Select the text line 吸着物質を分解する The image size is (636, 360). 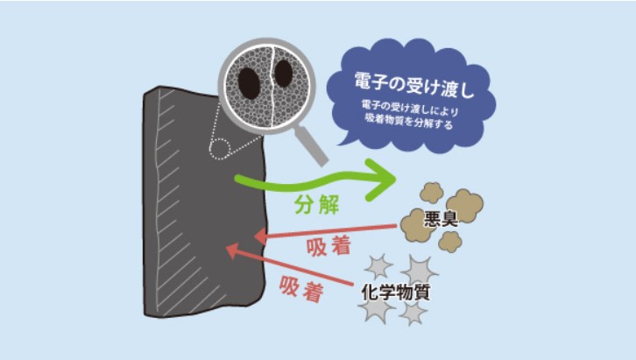pyautogui.click(x=409, y=121)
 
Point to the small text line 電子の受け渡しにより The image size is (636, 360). pyautogui.click(x=410, y=107)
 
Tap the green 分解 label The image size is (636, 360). pyautogui.click(x=316, y=204)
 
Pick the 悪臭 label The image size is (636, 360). pyautogui.click(x=441, y=219)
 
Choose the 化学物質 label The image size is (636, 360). pyautogui.click(x=395, y=292)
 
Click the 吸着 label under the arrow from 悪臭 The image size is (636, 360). pyautogui.click(x=329, y=246)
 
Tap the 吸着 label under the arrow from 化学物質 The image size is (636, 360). pyautogui.click(x=301, y=288)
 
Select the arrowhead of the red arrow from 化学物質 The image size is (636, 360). pyautogui.click(x=232, y=251)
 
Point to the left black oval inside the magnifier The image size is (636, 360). pyautogui.click(x=249, y=83)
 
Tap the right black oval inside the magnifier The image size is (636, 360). pyautogui.click(x=284, y=74)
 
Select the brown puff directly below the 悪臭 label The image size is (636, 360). pyautogui.click(x=450, y=242)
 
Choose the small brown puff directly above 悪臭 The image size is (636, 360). pyautogui.click(x=431, y=193)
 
